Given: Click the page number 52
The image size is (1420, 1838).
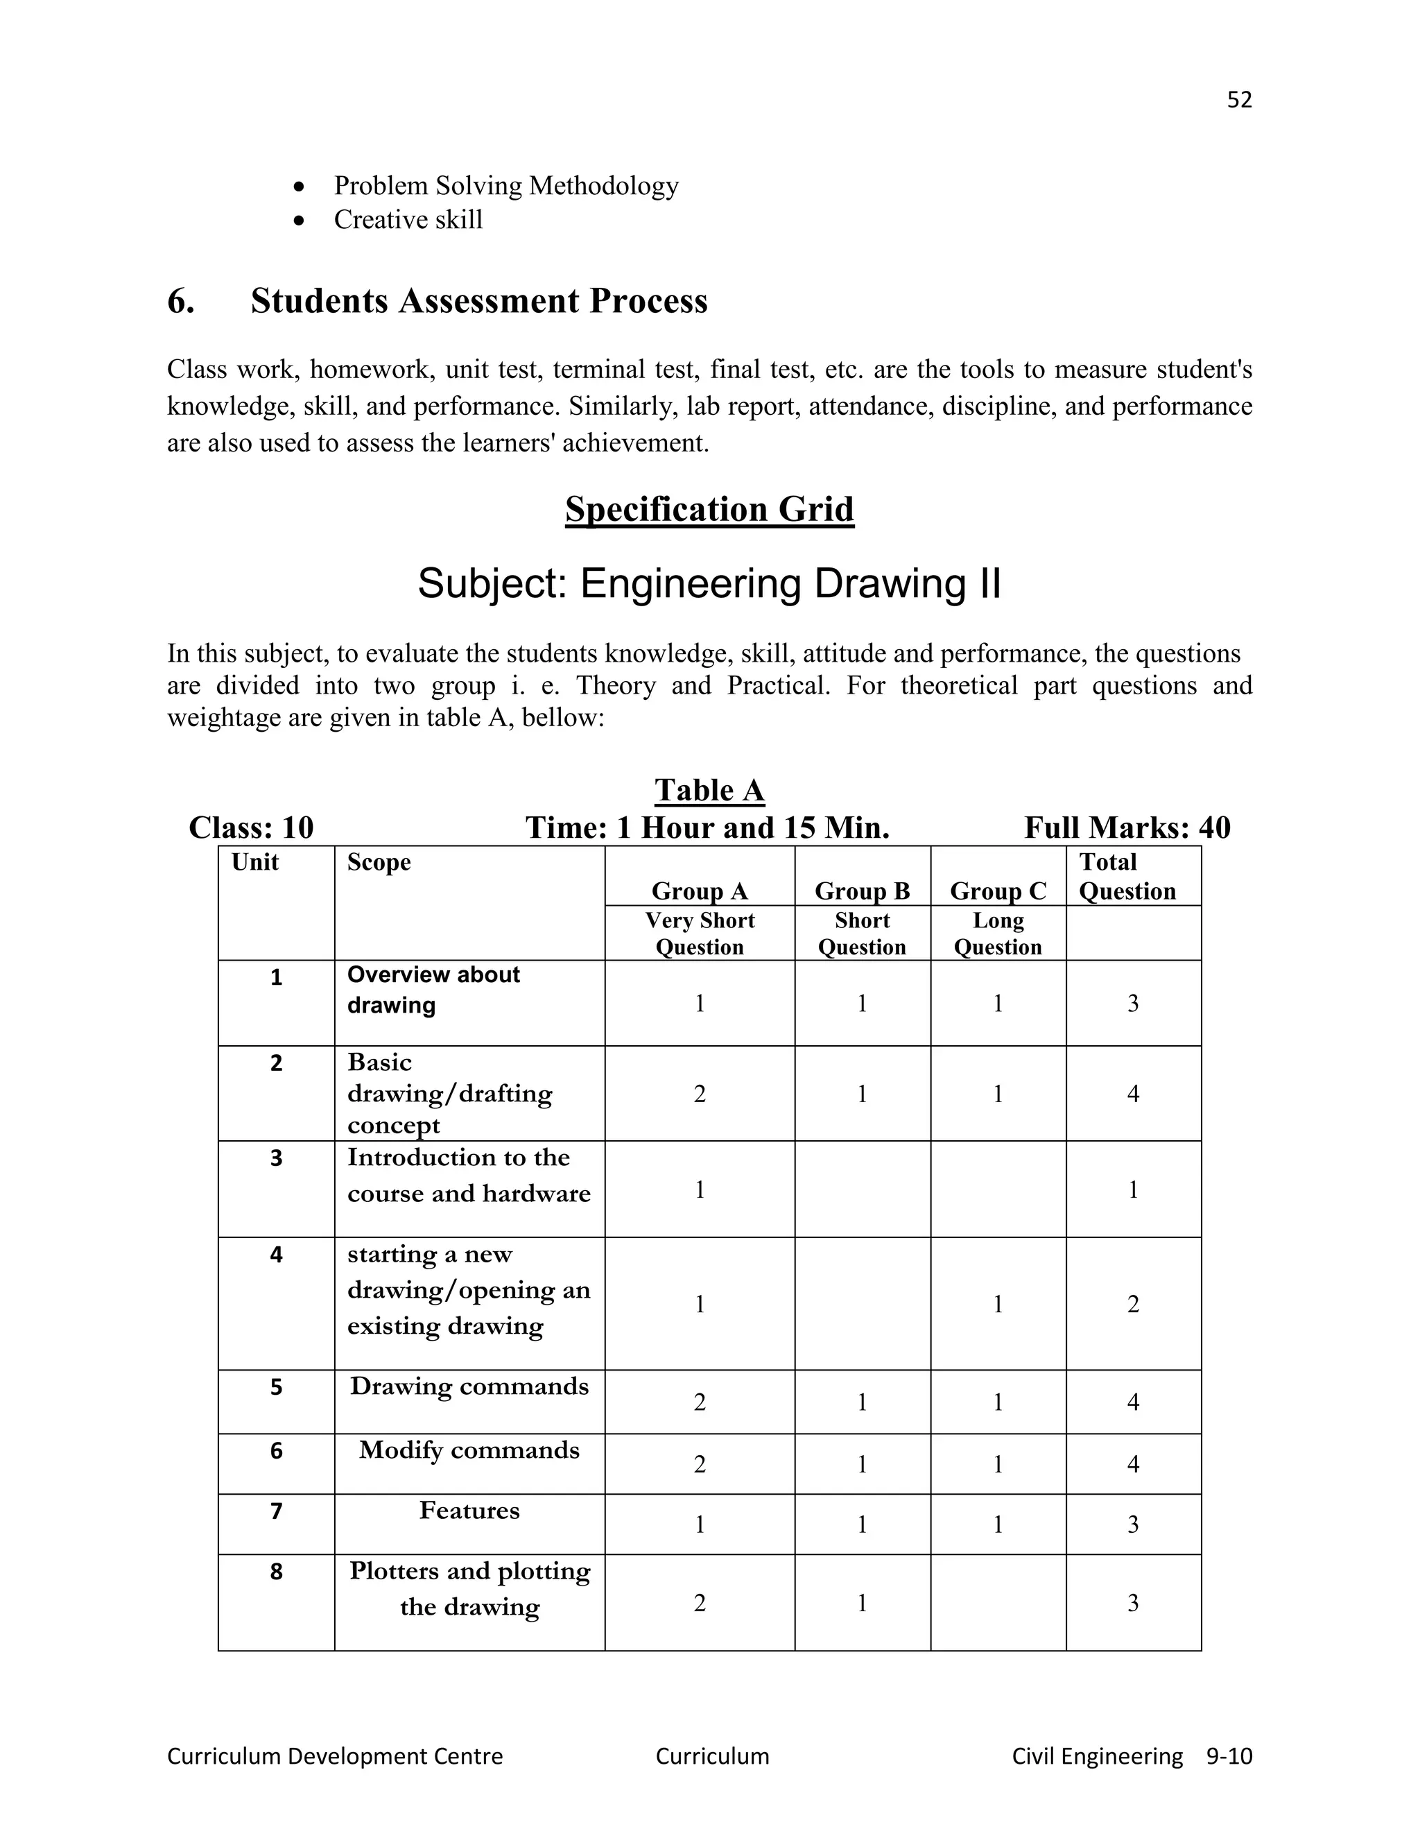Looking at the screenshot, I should click(x=1239, y=100).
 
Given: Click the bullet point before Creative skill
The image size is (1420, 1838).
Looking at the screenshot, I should click(x=299, y=221).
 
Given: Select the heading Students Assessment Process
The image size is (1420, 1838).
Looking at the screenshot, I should click(x=478, y=301).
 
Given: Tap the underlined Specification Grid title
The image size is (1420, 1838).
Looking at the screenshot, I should click(x=709, y=510).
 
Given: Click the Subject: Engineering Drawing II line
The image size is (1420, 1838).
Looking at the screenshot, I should click(x=709, y=583).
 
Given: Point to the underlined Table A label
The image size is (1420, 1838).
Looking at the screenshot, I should click(x=709, y=790).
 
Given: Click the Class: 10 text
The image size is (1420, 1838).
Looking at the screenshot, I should click(x=251, y=828).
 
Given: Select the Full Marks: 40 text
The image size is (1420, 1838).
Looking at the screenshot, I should click(x=1127, y=828).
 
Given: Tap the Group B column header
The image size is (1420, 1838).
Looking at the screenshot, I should click(x=863, y=891).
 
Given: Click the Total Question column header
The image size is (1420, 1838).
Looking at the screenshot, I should click(x=1127, y=876).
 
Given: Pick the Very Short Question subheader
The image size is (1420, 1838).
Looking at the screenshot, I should click(x=699, y=934).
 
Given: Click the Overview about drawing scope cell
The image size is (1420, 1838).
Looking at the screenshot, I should click(x=433, y=990).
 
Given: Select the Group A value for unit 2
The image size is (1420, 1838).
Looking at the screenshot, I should click(x=699, y=1094).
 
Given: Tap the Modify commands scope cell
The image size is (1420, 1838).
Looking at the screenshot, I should click(x=469, y=1450).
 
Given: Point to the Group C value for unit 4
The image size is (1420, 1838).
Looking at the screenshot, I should click(x=998, y=1305).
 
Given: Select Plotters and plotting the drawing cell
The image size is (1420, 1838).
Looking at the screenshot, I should click(x=469, y=1589).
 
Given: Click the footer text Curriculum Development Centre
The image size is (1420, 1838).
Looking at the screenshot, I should click(x=335, y=1756).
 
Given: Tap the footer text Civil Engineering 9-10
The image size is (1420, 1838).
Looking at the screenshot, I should click(x=1132, y=1756).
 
